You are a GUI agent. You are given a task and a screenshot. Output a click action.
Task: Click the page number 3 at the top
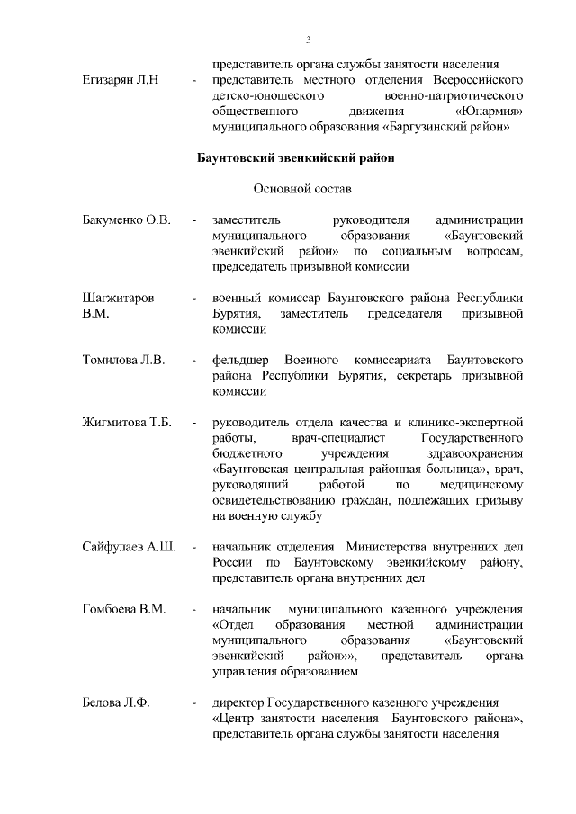[308, 39]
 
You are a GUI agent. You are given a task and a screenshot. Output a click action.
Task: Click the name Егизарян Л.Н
[121, 81]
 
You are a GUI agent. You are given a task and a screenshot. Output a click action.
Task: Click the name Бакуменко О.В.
[126, 220]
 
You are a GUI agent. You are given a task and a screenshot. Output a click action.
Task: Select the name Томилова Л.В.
[123, 360]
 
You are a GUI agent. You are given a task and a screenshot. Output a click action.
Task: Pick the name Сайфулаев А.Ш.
[129, 547]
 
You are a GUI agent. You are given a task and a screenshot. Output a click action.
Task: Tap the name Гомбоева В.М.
[124, 609]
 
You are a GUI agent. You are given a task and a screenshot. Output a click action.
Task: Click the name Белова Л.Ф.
[115, 702]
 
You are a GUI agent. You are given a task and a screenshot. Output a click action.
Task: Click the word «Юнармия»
[490, 112]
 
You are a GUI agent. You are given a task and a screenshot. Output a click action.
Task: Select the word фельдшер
[240, 360]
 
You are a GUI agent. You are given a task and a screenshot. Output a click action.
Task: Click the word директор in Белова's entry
[237, 702]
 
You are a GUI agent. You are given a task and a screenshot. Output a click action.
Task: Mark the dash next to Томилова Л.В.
[193, 360]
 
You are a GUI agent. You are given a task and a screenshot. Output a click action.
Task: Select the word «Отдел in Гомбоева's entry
[232, 625]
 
